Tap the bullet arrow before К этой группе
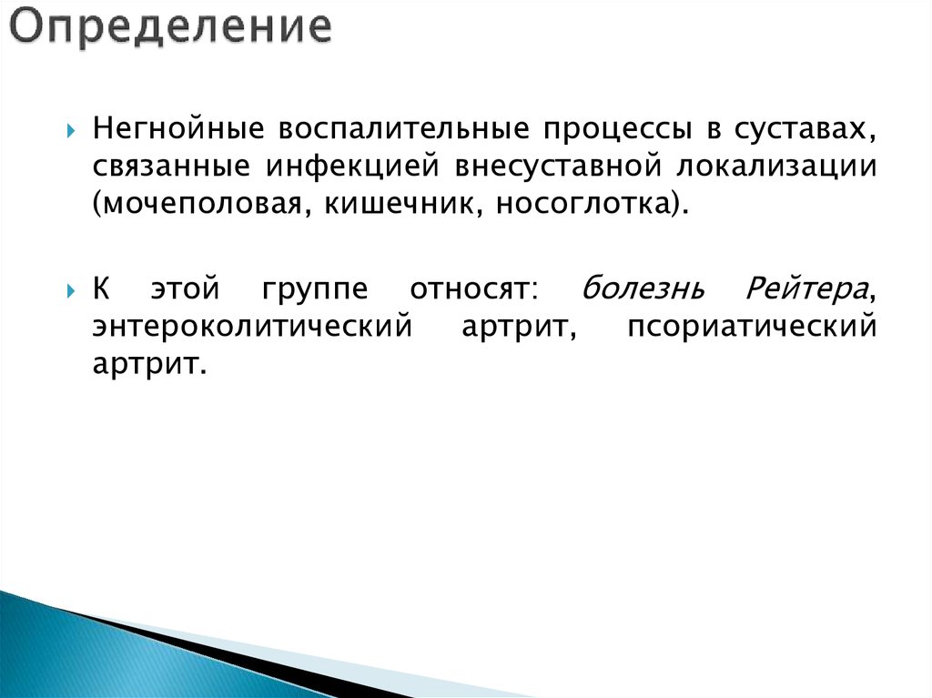(71, 291)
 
